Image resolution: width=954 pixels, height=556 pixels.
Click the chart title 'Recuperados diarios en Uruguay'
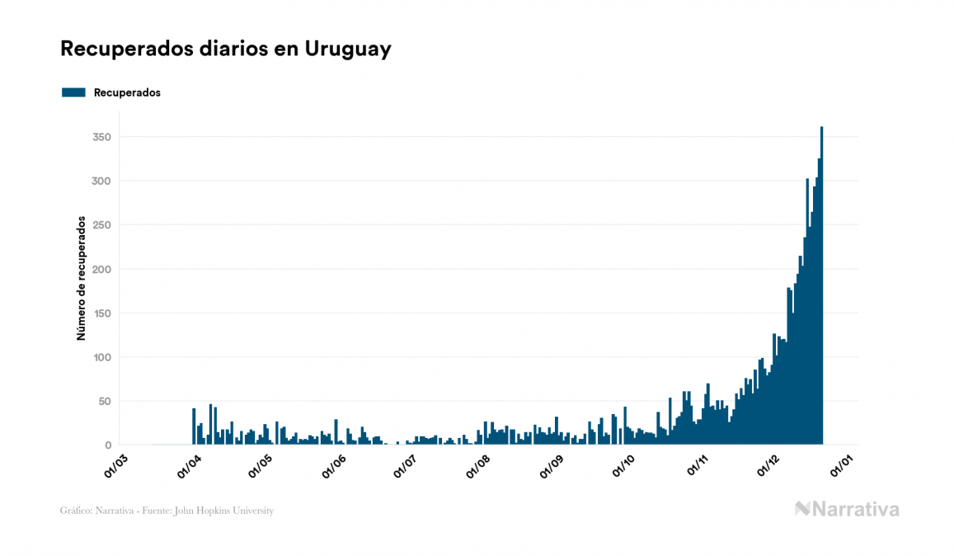[x=225, y=49]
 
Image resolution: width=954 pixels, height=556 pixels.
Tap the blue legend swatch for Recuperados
[x=73, y=92]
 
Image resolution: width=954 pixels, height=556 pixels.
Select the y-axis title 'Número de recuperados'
[x=81, y=278]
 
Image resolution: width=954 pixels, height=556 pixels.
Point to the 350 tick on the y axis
[x=101, y=137]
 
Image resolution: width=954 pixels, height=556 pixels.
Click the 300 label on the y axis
[x=101, y=181]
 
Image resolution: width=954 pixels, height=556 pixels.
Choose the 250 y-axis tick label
[x=101, y=225]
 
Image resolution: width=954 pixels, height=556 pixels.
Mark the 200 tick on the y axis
[x=101, y=269]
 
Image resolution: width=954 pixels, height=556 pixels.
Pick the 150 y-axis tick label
[x=101, y=313]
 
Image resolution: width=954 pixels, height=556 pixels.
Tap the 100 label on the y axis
[x=101, y=357]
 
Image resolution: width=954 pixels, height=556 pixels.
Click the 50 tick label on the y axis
[x=105, y=402]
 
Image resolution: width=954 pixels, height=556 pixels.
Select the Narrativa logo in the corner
[x=847, y=509]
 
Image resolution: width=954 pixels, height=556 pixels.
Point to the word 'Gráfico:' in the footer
[x=76, y=511]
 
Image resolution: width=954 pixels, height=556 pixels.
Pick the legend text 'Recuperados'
[x=127, y=92]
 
